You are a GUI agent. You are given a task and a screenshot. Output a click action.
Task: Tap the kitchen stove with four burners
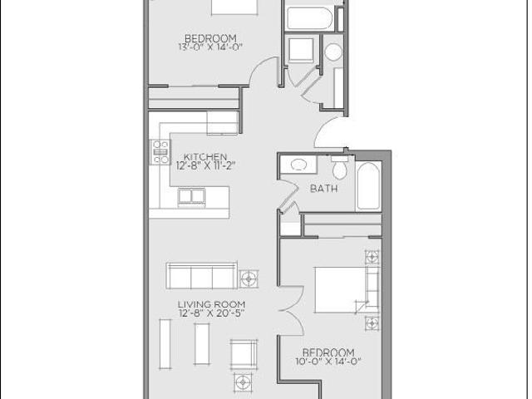pos(160,152)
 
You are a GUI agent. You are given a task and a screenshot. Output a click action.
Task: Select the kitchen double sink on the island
pos(192,197)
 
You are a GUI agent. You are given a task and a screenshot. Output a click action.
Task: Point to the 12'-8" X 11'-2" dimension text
pos(206,165)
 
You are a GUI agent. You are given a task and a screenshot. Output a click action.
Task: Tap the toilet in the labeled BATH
pos(338,169)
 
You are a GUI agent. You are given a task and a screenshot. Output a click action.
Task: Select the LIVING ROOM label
pos(210,304)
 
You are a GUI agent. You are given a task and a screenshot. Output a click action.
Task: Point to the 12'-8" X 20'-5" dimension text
pos(210,314)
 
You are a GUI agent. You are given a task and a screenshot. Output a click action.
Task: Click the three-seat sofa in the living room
pos(201,276)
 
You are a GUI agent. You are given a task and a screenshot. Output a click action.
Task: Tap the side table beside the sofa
pos(248,277)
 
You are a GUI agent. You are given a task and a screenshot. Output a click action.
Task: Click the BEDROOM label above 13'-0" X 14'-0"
pos(210,38)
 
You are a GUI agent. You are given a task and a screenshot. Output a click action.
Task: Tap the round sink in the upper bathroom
pos(332,52)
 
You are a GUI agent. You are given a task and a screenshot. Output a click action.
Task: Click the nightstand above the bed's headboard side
pos(372,256)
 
